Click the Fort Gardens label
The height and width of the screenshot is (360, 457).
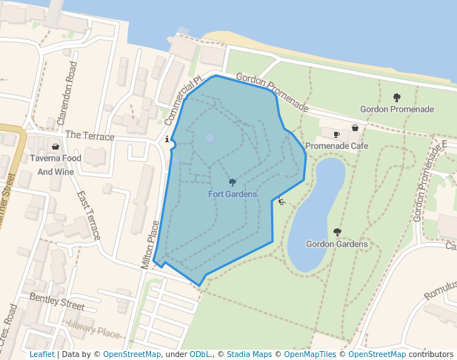tap(232, 194)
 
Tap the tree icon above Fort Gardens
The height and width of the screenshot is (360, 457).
tap(233, 182)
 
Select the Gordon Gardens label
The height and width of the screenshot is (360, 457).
tap(337, 244)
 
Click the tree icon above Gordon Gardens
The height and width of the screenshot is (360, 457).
tap(337, 232)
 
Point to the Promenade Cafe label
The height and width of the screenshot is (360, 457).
tap(337, 146)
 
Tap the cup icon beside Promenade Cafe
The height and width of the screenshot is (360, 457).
tap(337, 135)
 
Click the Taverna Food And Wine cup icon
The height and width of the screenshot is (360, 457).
tap(56, 147)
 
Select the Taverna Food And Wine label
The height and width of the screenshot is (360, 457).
tap(56, 165)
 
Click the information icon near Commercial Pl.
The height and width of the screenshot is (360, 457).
tap(167, 139)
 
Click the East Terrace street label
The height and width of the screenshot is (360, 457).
tap(89, 216)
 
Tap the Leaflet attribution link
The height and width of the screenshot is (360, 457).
tap(41, 355)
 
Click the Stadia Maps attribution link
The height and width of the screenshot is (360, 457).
tap(248, 355)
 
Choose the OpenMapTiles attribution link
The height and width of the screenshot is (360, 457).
tap(310, 355)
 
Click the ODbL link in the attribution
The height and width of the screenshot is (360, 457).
tap(200, 355)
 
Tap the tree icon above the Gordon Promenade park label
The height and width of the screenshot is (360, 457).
tap(397, 97)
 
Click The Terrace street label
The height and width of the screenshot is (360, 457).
tap(90, 136)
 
